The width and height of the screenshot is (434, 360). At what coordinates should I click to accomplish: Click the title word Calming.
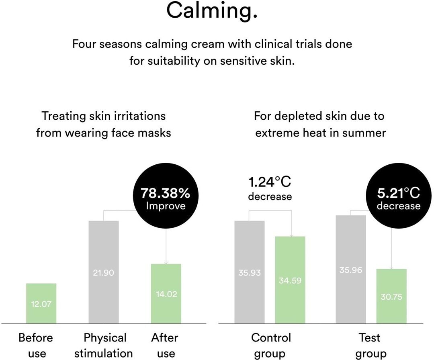click(x=212, y=11)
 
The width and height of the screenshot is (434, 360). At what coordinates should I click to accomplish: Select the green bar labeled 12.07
click(x=41, y=303)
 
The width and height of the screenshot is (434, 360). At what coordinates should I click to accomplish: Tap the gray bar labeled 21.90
click(x=103, y=272)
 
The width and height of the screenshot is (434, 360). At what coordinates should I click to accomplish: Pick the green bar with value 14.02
click(x=166, y=293)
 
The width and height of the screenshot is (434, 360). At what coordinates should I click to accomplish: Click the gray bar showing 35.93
click(x=249, y=272)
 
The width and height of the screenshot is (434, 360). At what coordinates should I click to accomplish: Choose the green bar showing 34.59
click(x=290, y=280)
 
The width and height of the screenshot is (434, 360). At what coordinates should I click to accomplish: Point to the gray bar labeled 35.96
click(x=350, y=269)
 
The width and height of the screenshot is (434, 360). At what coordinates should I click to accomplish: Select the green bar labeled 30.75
click(x=391, y=296)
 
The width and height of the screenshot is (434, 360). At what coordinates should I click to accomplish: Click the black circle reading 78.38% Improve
click(x=165, y=198)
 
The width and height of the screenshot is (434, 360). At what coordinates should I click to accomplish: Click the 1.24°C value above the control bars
click(x=269, y=182)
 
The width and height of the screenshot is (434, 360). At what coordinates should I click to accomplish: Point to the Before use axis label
click(x=35, y=345)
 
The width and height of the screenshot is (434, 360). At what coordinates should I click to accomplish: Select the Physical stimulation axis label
click(x=104, y=345)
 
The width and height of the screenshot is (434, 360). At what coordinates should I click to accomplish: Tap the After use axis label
click(x=165, y=345)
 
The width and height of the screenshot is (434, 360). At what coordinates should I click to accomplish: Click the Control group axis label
click(x=271, y=345)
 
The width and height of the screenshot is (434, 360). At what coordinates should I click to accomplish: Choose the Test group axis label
click(x=369, y=345)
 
